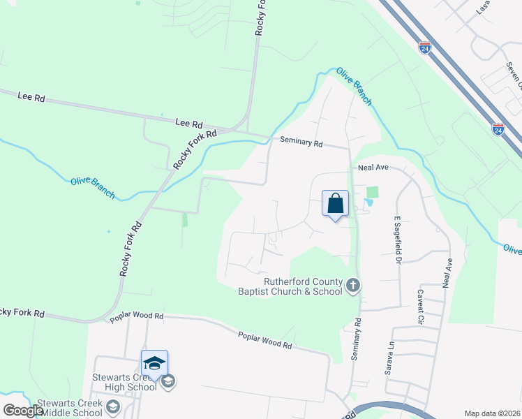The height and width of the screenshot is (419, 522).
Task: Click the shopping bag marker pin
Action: pyautogui.click(x=335, y=204)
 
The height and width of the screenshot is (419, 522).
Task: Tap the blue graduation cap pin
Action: pyautogui.click(x=154, y=363)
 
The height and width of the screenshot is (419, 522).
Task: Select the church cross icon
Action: pyautogui.click(x=353, y=285)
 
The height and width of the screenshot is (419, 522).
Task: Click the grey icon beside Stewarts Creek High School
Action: pyautogui.click(x=167, y=381)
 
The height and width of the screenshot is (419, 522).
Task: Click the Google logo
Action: pyautogui.click(x=24, y=411)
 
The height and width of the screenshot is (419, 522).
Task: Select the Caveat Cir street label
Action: pyautogui.click(x=420, y=308)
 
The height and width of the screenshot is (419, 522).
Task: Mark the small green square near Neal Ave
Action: pyautogui.click(x=372, y=192)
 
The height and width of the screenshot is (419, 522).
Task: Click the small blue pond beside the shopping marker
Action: pyautogui.click(x=368, y=203)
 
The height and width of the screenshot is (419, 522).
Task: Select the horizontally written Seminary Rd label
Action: pyautogui.click(x=301, y=142)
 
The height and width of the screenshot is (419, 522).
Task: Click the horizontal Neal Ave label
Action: pyautogui.click(x=373, y=168)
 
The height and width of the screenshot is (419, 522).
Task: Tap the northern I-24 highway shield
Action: pyautogui.click(x=425, y=47)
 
